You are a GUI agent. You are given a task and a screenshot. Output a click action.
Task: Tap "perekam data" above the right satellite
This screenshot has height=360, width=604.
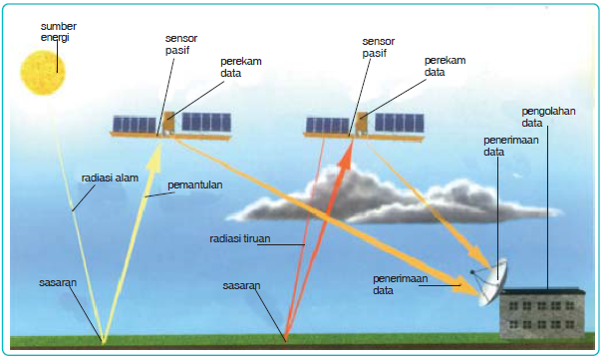(443, 66)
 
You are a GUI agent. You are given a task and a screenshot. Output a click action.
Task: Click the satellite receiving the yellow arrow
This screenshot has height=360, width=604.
(170, 124)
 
